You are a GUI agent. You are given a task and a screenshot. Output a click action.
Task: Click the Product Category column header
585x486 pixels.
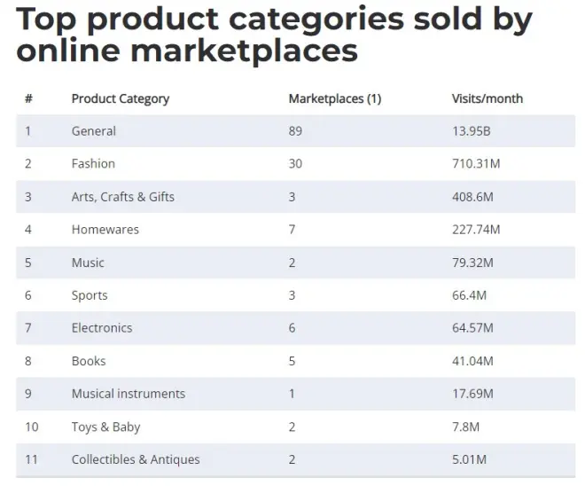click(120, 98)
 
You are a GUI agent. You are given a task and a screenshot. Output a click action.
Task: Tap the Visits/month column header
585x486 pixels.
click(487, 98)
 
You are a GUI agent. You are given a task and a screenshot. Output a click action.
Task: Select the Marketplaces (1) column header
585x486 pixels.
click(334, 98)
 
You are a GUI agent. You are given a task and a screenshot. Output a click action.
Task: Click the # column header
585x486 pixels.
click(28, 98)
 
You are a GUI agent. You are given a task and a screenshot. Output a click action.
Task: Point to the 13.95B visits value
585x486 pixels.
click(471, 131)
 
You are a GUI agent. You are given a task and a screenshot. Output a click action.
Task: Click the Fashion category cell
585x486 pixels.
click(93, 164)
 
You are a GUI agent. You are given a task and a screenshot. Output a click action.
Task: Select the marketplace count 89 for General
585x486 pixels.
click(295, 131)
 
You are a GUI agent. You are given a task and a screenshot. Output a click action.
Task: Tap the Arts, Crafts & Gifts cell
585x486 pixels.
click(122, 197)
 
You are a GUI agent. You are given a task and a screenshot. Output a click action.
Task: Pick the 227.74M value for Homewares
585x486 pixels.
click(476, 230)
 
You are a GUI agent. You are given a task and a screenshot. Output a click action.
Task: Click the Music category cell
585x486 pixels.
click(88, 263)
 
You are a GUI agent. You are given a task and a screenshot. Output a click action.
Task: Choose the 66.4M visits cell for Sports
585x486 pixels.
click(469, 295)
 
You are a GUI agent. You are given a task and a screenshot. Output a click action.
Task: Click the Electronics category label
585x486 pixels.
click(101, 328)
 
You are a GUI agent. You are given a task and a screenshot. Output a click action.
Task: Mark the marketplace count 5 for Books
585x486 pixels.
click(292, 361)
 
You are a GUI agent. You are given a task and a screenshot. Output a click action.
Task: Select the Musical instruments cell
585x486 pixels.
click(128, 394)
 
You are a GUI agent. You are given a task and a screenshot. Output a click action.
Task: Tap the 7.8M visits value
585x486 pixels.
click(465, 427)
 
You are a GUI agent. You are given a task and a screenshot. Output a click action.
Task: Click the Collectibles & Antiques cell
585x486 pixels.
click(136, 459)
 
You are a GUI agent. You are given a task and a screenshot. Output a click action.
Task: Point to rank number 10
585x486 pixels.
click(31, 427)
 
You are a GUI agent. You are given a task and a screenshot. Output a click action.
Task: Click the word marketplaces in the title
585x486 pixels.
click(244, 51)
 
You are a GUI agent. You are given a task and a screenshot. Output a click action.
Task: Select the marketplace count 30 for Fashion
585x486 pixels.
click(295, 164)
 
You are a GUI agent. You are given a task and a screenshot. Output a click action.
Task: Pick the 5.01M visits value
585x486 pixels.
click(469, 459)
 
